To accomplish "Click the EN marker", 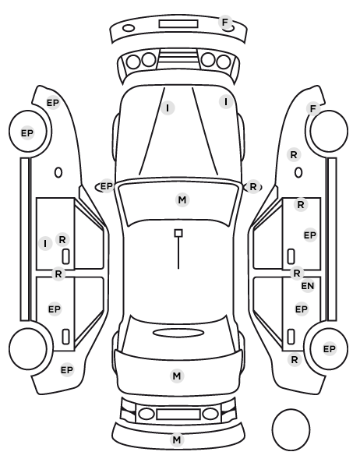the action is pyautogui.click(x=308, y=286).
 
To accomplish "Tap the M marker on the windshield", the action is pyautogui.click(x=182, y=199).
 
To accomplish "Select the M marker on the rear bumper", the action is pyautogui.click(x=177, y=440).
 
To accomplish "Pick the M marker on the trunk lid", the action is pyautogui.click(x=177, y=376).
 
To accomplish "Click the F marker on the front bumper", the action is pyautogui.click(x=225, y=23).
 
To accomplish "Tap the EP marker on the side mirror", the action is pyautogui.click(x=107, y=186).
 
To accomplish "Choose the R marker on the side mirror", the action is pyautogui.click(x=253, y=187).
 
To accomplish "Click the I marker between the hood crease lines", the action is pyautogui.click(x=168, y=108).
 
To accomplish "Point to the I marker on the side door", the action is pyautogui.click(x=45, y=244).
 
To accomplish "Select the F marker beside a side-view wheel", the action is pyautogui.click(x=312, y=109).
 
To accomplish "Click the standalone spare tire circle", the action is pyautogui.click(x=291, y=429).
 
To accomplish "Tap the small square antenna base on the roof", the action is pyautogui.click(x=178, y=233).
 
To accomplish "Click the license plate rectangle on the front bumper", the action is pyautogui.click(x=178, y=24).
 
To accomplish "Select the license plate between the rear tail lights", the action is pyautogui.click(x=178, y=414).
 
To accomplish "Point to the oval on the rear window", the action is pyautogui.click(x=178, y=333).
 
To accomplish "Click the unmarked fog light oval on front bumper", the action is pyautogui.click(x=129, y=28).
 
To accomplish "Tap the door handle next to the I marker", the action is pyautogui.click(x=65, y=256).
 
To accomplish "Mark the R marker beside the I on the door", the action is pyautogui.click(x=62, y=239).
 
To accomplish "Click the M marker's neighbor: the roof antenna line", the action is pyautogui.click(x=178, y=253).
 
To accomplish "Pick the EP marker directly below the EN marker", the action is pyautogui.click(x=301, y=309).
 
